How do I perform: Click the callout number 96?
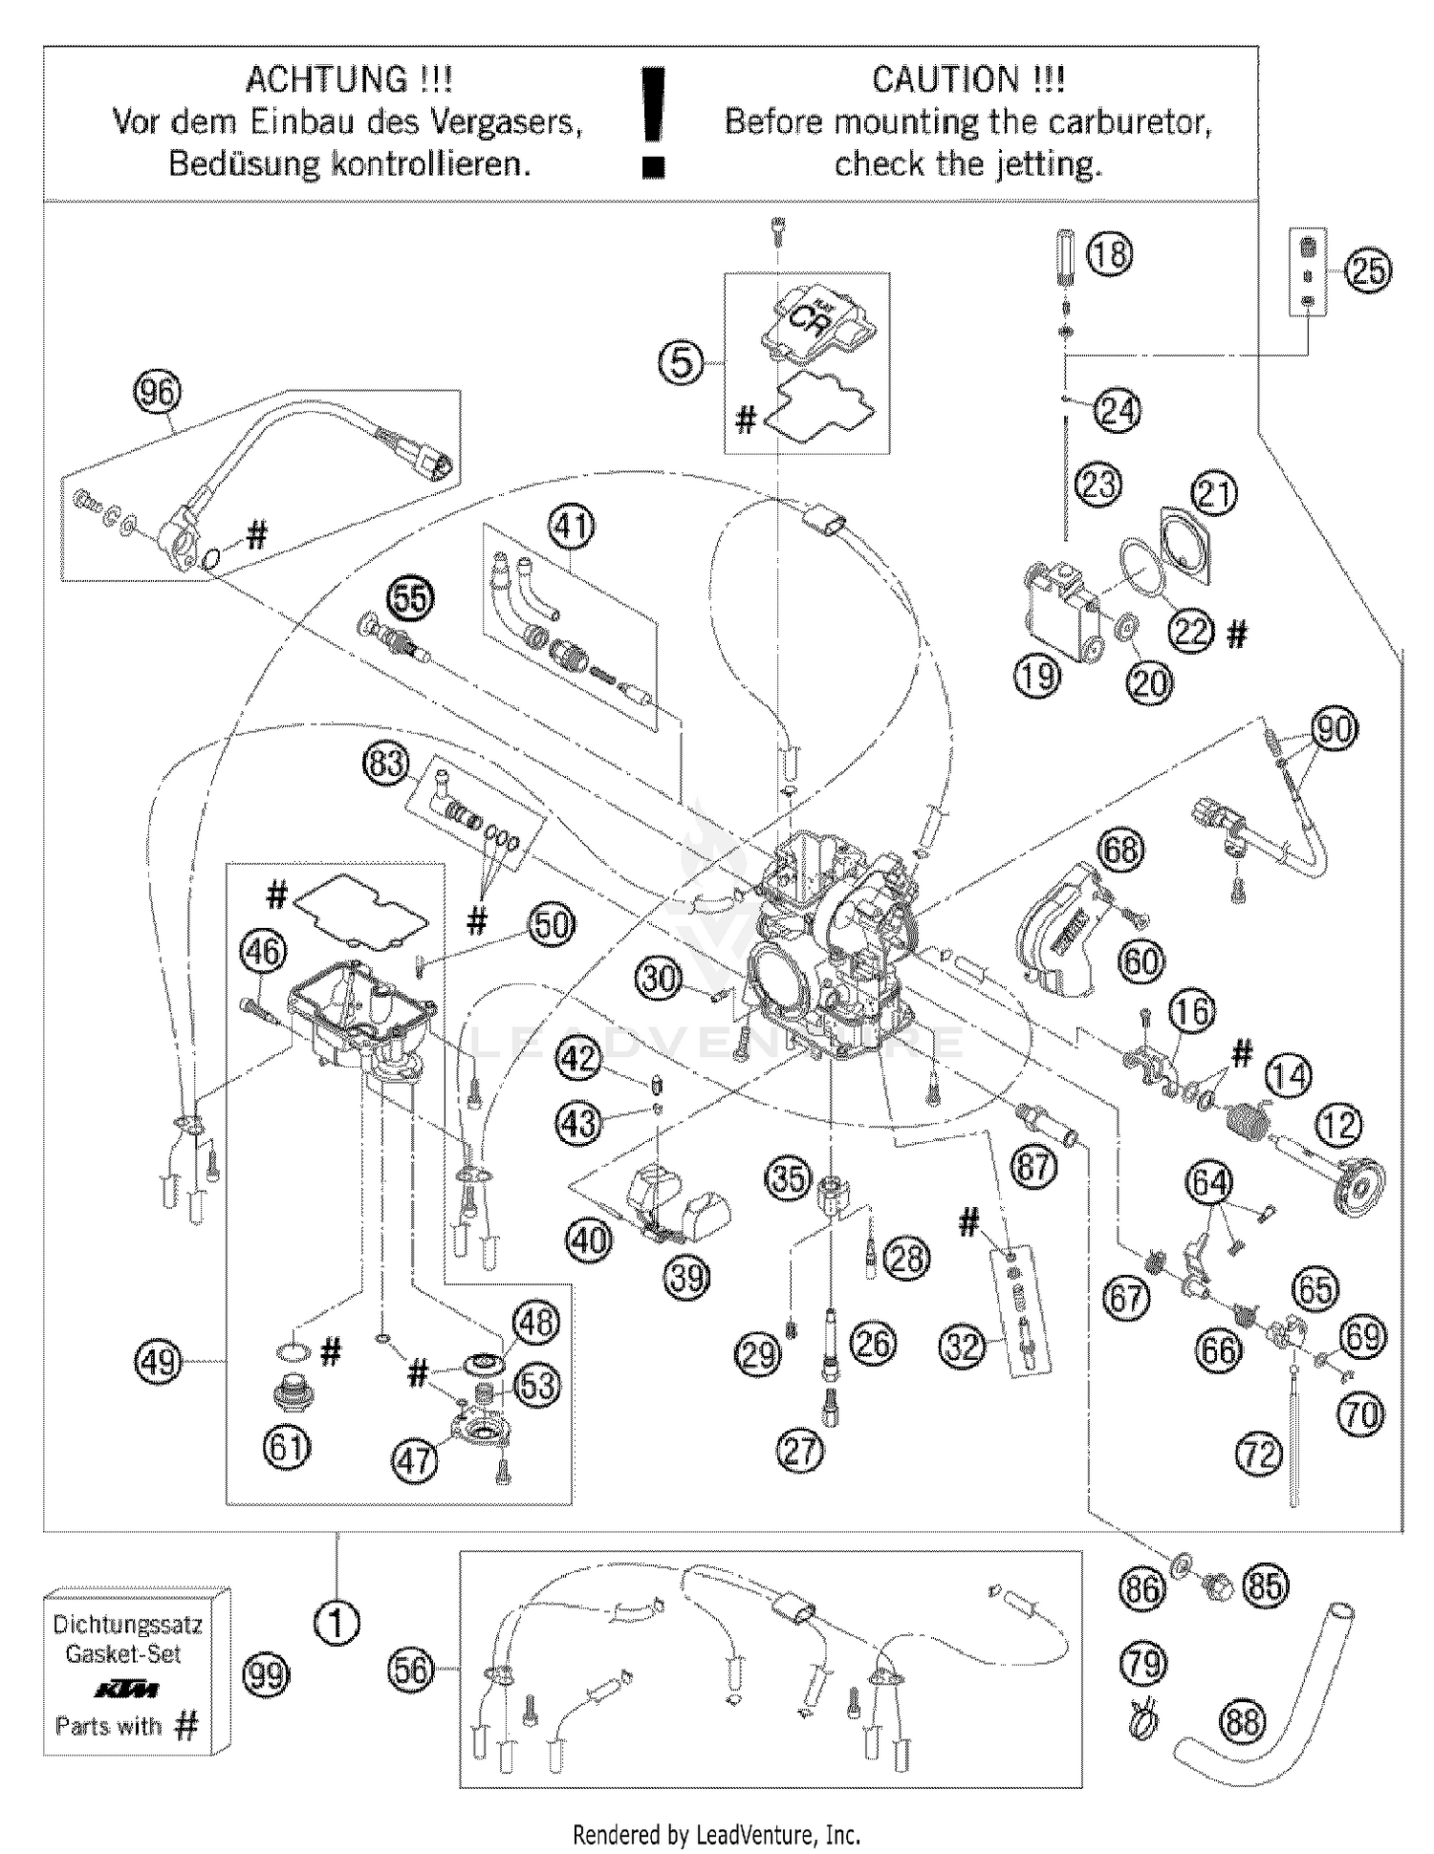(x=159, y=392)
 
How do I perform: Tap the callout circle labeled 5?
(x=681, y=363)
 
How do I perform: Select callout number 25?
(x=1368, y=270)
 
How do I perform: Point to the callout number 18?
(x=1109, y=255)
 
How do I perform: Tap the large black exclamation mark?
(x=654, y=122)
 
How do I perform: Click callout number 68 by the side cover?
(x=1120, y=849)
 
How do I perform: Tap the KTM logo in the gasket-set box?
(x=126, y=1690)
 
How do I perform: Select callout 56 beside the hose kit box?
(x=411, y=1670)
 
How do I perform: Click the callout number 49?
(x=159, y=1360)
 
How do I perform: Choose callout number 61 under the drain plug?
(x=287, y=1447)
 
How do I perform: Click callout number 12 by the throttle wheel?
(x=1338, y=1125)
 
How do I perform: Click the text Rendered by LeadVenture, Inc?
(x=716, y=1835)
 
